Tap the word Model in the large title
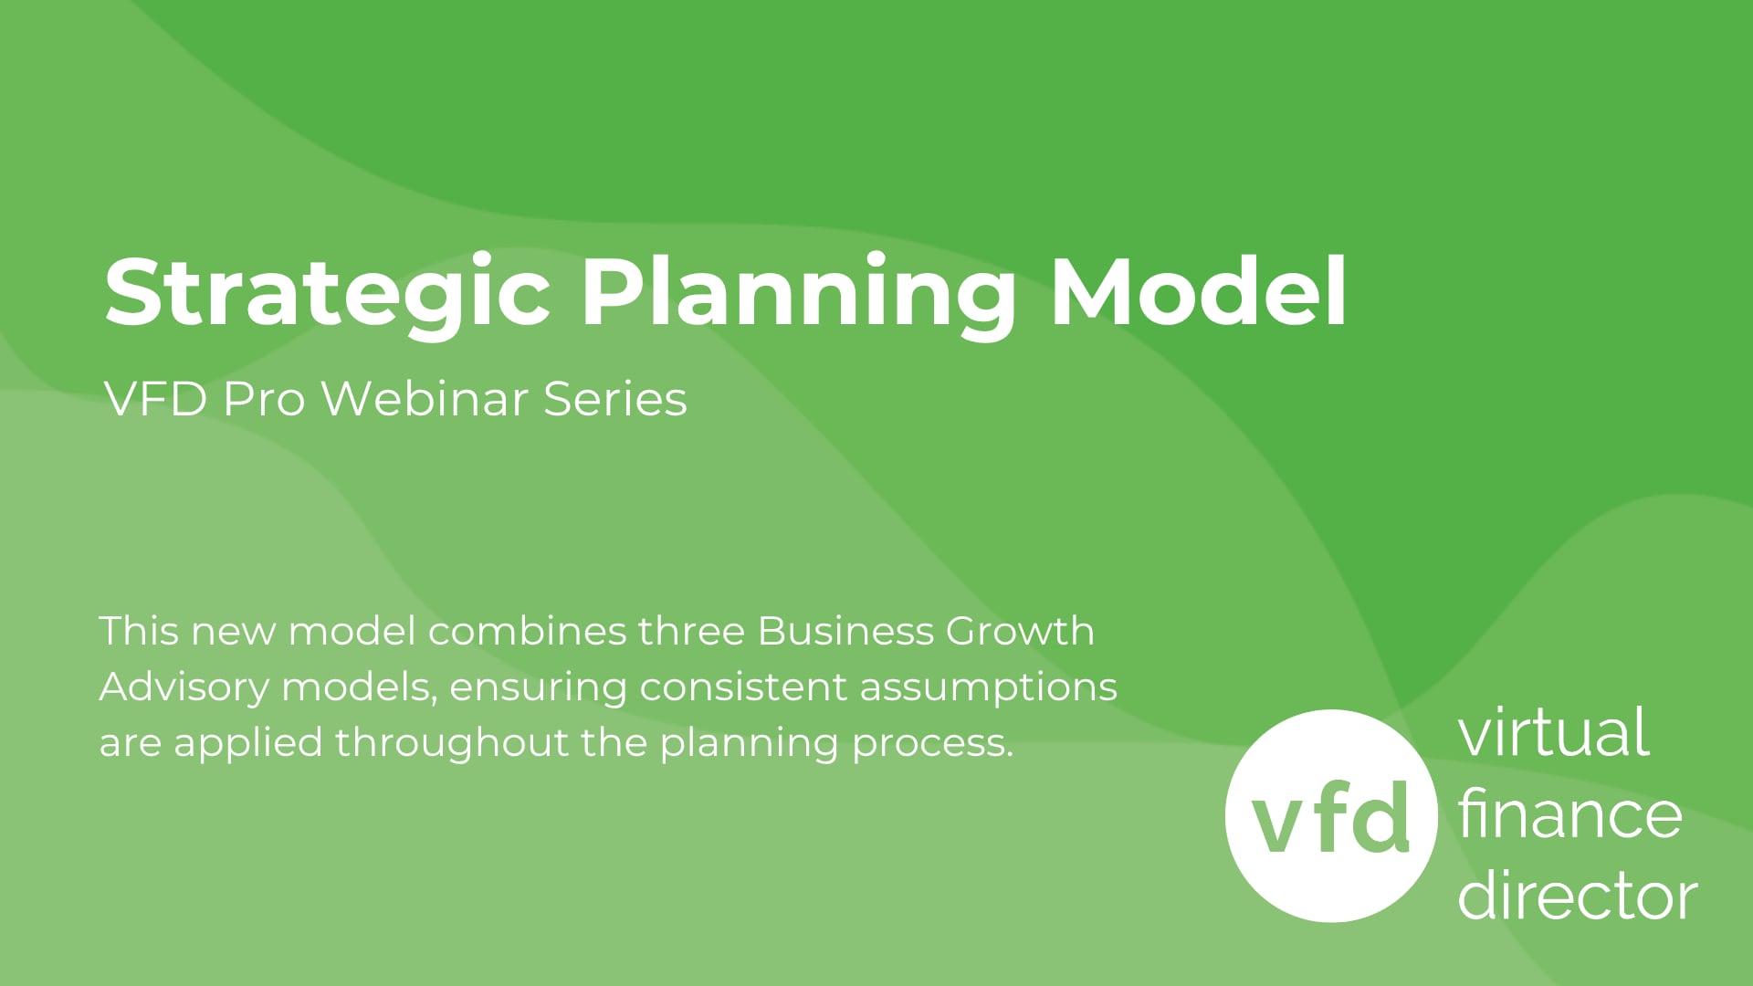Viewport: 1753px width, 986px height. coord(1199,290)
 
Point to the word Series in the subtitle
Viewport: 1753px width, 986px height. coord(615,399)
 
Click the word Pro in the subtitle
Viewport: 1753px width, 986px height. coord(264,399)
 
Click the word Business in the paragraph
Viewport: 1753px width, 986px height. coord(846,631)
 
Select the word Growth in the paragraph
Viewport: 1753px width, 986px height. coord(1020,631)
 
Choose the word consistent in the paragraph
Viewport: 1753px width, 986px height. coord(743,687)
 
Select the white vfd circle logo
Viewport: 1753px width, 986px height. coord(1330,815)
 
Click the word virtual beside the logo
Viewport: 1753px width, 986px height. coord(1553,732)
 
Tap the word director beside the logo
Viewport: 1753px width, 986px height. coord(1577,894)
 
